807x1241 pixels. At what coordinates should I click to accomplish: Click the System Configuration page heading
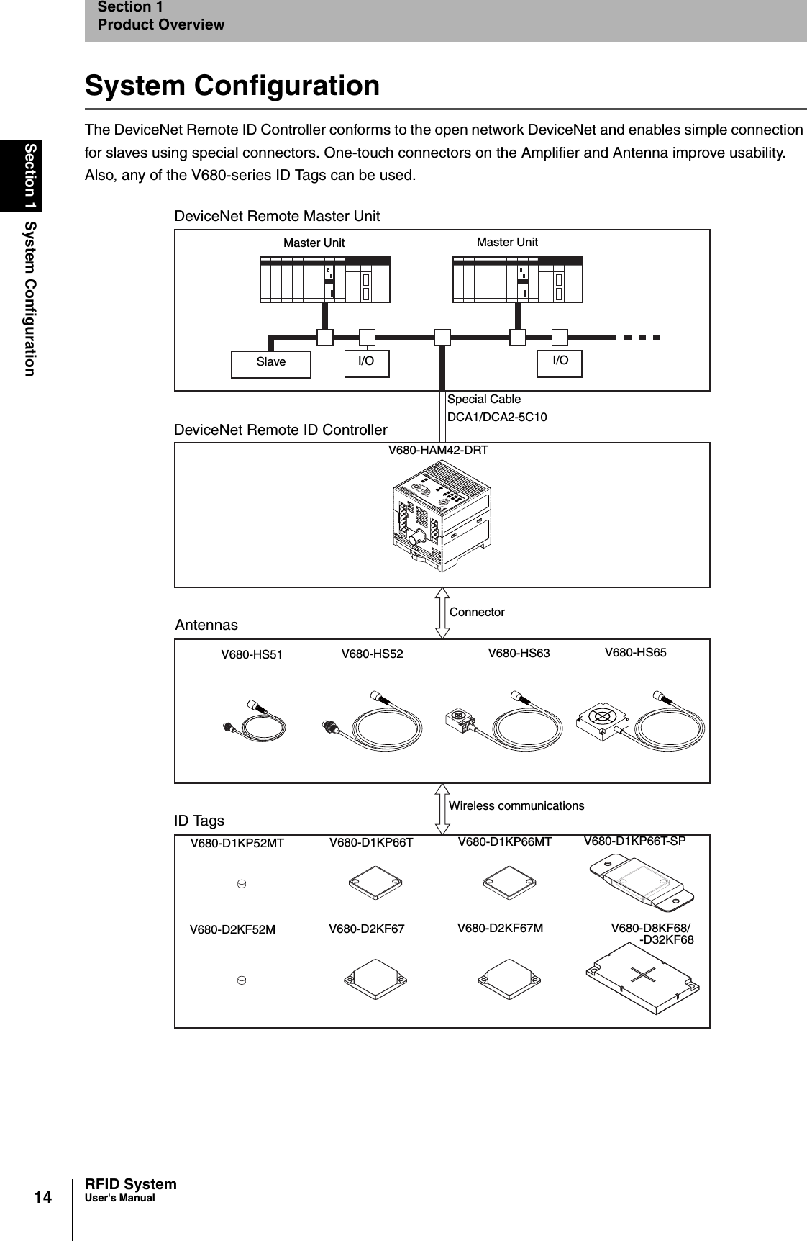click(x=232, y=86)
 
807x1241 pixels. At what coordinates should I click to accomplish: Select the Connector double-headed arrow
click(x=442, y=613)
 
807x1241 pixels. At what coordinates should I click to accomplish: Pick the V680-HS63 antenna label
click(x=519, y=654)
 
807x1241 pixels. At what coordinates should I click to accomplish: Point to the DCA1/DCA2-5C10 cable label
click(x=496, y=418)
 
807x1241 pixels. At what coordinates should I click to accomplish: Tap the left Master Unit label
click(x=314, y=243)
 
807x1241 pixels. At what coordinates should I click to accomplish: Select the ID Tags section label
click(x=199, y=821)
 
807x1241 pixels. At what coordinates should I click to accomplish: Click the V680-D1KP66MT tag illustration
click(x=509, y=883)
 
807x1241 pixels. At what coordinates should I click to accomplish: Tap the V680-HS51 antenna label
click(x=252, y=655)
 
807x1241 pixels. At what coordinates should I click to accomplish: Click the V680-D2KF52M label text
click(x=232, y=930)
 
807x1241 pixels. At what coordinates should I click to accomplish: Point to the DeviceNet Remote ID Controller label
click(x=281, y=430)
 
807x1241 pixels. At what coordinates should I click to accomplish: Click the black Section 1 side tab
click(x=30, y=176)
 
